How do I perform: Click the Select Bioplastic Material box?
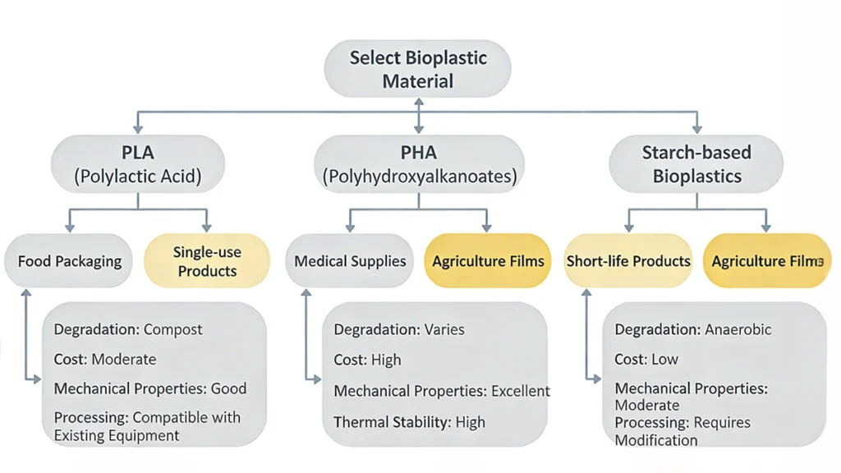418,69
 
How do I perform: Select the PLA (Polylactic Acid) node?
138,164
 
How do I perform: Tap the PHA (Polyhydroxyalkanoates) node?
420,164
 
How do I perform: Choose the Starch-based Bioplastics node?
697,164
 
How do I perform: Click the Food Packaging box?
69,261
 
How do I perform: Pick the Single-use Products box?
206,261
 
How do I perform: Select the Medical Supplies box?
350,261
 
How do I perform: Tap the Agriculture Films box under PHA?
488,261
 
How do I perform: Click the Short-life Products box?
628,261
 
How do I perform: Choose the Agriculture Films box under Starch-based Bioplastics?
766,261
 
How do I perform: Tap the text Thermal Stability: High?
409,422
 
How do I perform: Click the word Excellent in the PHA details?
520,391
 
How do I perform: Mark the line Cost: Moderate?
104,359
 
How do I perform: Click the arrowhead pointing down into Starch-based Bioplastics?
697,128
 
